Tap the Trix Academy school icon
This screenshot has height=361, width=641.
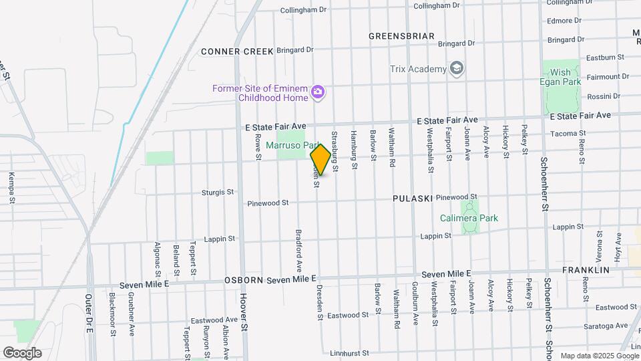457,69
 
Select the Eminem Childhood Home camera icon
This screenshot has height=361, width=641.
318,92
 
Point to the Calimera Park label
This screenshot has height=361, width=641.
469,218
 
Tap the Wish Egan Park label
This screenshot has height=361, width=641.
561,76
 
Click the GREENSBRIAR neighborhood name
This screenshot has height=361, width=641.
401,36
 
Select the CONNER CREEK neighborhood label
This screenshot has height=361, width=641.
228,51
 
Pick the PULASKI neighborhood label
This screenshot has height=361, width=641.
413,199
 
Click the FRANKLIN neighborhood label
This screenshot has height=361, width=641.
586,270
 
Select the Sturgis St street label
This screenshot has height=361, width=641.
218,192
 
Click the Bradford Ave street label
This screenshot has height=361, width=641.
298,247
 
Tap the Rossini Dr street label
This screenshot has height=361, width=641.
603,96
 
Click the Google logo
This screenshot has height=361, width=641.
22,353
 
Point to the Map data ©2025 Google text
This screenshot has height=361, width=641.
598,356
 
